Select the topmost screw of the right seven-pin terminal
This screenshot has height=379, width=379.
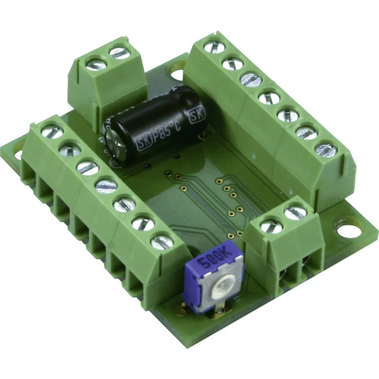click(x=215, y=47)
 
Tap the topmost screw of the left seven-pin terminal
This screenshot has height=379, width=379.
click(x=51, y=132)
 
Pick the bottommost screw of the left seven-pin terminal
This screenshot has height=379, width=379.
click(x=162, y=241)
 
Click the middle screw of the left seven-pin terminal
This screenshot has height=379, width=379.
click(x=106, y=186)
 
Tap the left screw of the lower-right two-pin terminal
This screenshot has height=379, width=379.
click(x=271, y=227)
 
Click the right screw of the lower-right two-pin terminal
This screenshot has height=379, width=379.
click(x=295, y=213)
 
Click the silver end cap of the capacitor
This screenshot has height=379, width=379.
click(x=113, y=144)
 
